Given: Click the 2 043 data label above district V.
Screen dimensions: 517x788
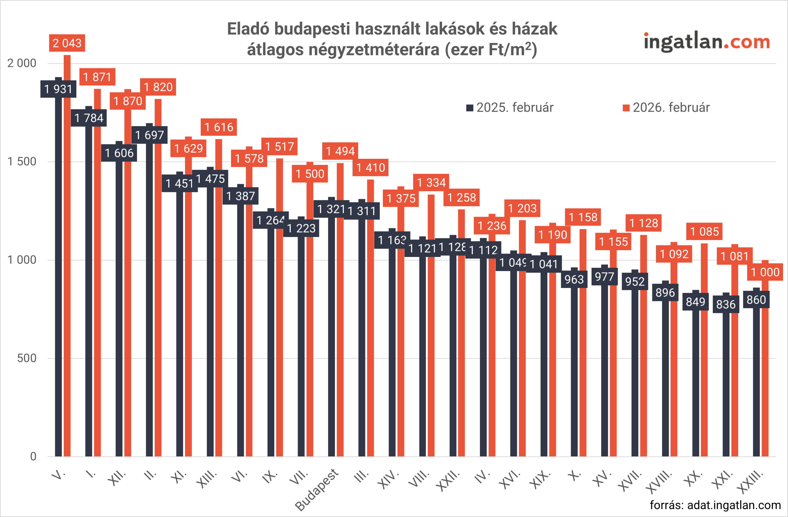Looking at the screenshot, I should [x=67, y=43].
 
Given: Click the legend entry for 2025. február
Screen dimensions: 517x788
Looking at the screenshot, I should [x=510, y=108].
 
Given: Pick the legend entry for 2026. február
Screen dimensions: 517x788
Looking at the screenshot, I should [x=666, y=108].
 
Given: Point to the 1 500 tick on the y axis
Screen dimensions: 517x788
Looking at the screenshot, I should [x=22, y=162].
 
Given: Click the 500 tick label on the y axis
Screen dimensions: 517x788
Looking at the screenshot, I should [x=26, y=358].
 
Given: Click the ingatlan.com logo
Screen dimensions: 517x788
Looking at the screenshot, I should [x=706, y=42].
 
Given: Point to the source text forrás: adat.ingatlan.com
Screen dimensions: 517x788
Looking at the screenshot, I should [x=715, y=505].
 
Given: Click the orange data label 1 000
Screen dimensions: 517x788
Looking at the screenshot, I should [x=765, y=272].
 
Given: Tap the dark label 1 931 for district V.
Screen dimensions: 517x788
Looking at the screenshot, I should [x=58, y=89].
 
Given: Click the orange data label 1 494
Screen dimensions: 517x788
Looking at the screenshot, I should [x=340, y=151].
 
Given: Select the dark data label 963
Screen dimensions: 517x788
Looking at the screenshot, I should [x=574, y=279].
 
